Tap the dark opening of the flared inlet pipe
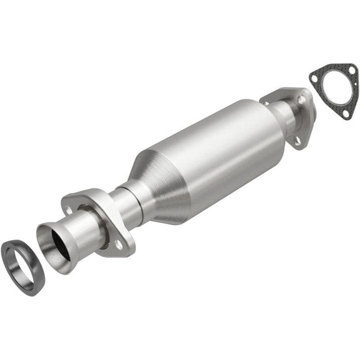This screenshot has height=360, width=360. (59, 244)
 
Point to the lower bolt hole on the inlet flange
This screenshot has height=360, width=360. (119, 245)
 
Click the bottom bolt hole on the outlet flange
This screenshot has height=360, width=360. (297, 140)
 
